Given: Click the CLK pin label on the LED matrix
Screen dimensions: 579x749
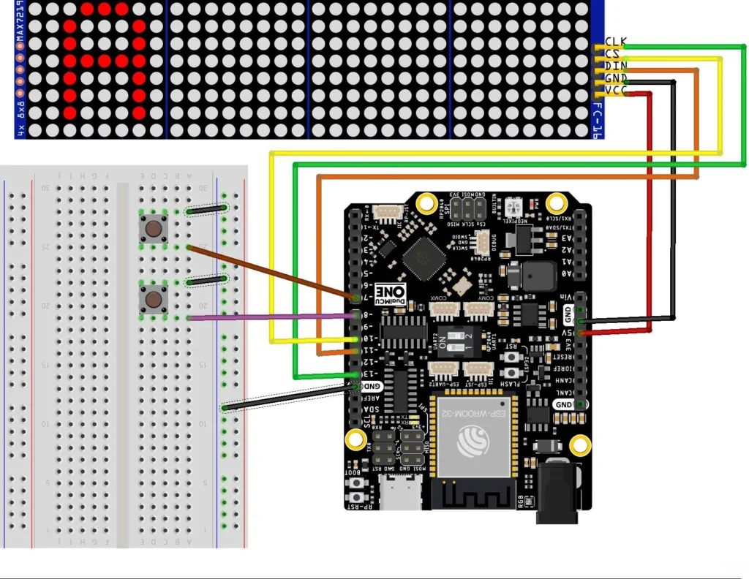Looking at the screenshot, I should click(615, 41).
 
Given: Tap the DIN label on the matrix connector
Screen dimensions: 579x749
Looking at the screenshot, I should click(615, 66).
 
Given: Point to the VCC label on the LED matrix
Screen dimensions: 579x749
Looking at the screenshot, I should click(615, 91).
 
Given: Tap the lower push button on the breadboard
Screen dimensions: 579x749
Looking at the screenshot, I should click(153, 300).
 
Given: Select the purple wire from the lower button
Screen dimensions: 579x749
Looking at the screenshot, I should click(271, 317).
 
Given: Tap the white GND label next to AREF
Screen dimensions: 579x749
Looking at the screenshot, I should click(372, 386).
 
